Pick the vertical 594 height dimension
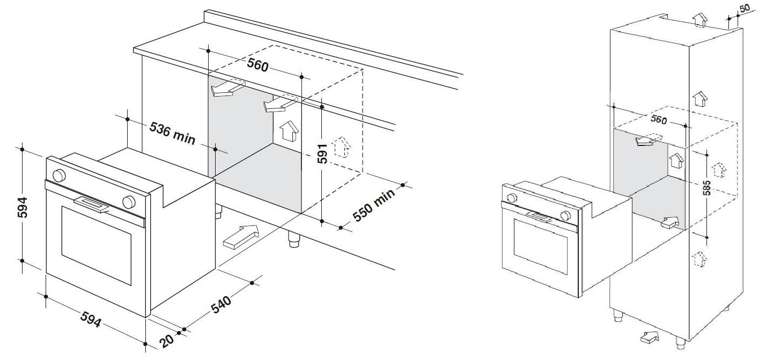[x=22, y=206]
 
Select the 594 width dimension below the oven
[x=90, y=320]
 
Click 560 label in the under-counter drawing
[x=257, y=64]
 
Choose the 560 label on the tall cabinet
[x=659, y=120]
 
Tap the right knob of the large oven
[x=128, y=201]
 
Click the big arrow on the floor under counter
[x=240, y=237]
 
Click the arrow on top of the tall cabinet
[x=699, y=20]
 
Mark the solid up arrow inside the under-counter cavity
[x=289, y=130]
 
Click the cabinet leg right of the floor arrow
[x=293, y=239]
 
